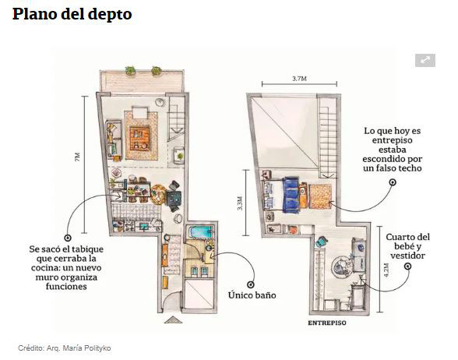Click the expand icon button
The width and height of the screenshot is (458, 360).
(x=425, y=60)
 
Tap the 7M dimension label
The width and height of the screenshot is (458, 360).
(x=78, y=156)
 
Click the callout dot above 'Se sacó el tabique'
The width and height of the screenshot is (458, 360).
(x=68, y=237)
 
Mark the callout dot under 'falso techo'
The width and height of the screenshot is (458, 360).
(x=393, y=182)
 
